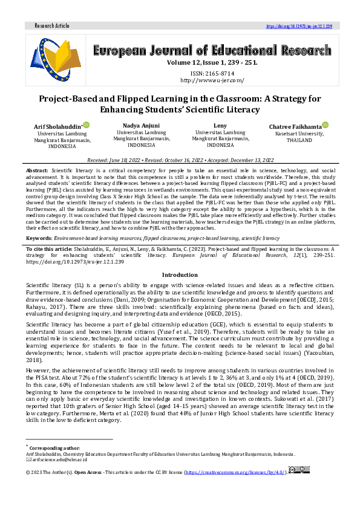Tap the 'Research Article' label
(x=53, y=27)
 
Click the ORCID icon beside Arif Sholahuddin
(x=87, y=125)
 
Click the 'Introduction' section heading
(x=180, y=274)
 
